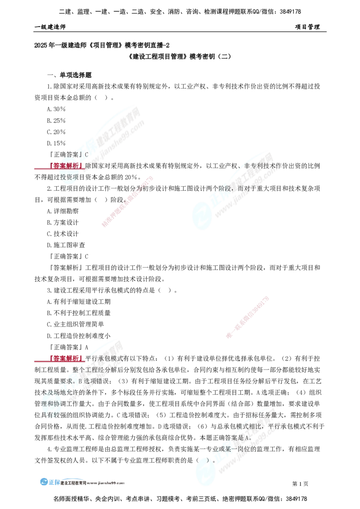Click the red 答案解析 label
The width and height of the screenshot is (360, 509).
66,166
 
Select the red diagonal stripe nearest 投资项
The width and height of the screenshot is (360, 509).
128,201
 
